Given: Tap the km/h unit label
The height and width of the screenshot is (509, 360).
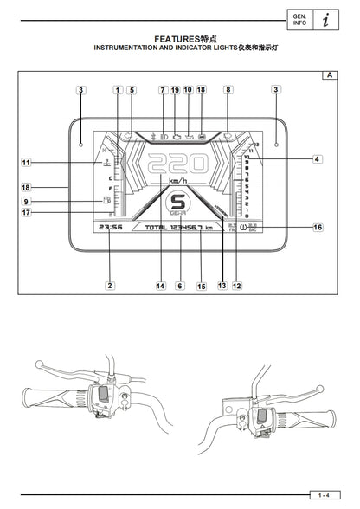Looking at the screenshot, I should point(179,181).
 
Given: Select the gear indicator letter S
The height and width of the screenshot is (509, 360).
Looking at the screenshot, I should point(180,202).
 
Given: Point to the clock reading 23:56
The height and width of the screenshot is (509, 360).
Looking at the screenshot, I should point(110,227).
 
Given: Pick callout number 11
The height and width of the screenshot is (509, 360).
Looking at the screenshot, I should point(26,162).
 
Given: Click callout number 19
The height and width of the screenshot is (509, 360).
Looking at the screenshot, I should point(175,89).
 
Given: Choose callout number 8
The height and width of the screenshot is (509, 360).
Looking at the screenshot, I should point(228,89).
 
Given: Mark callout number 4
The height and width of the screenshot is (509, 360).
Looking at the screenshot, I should point(318,159).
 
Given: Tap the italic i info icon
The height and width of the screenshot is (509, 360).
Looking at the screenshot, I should point(323,19).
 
